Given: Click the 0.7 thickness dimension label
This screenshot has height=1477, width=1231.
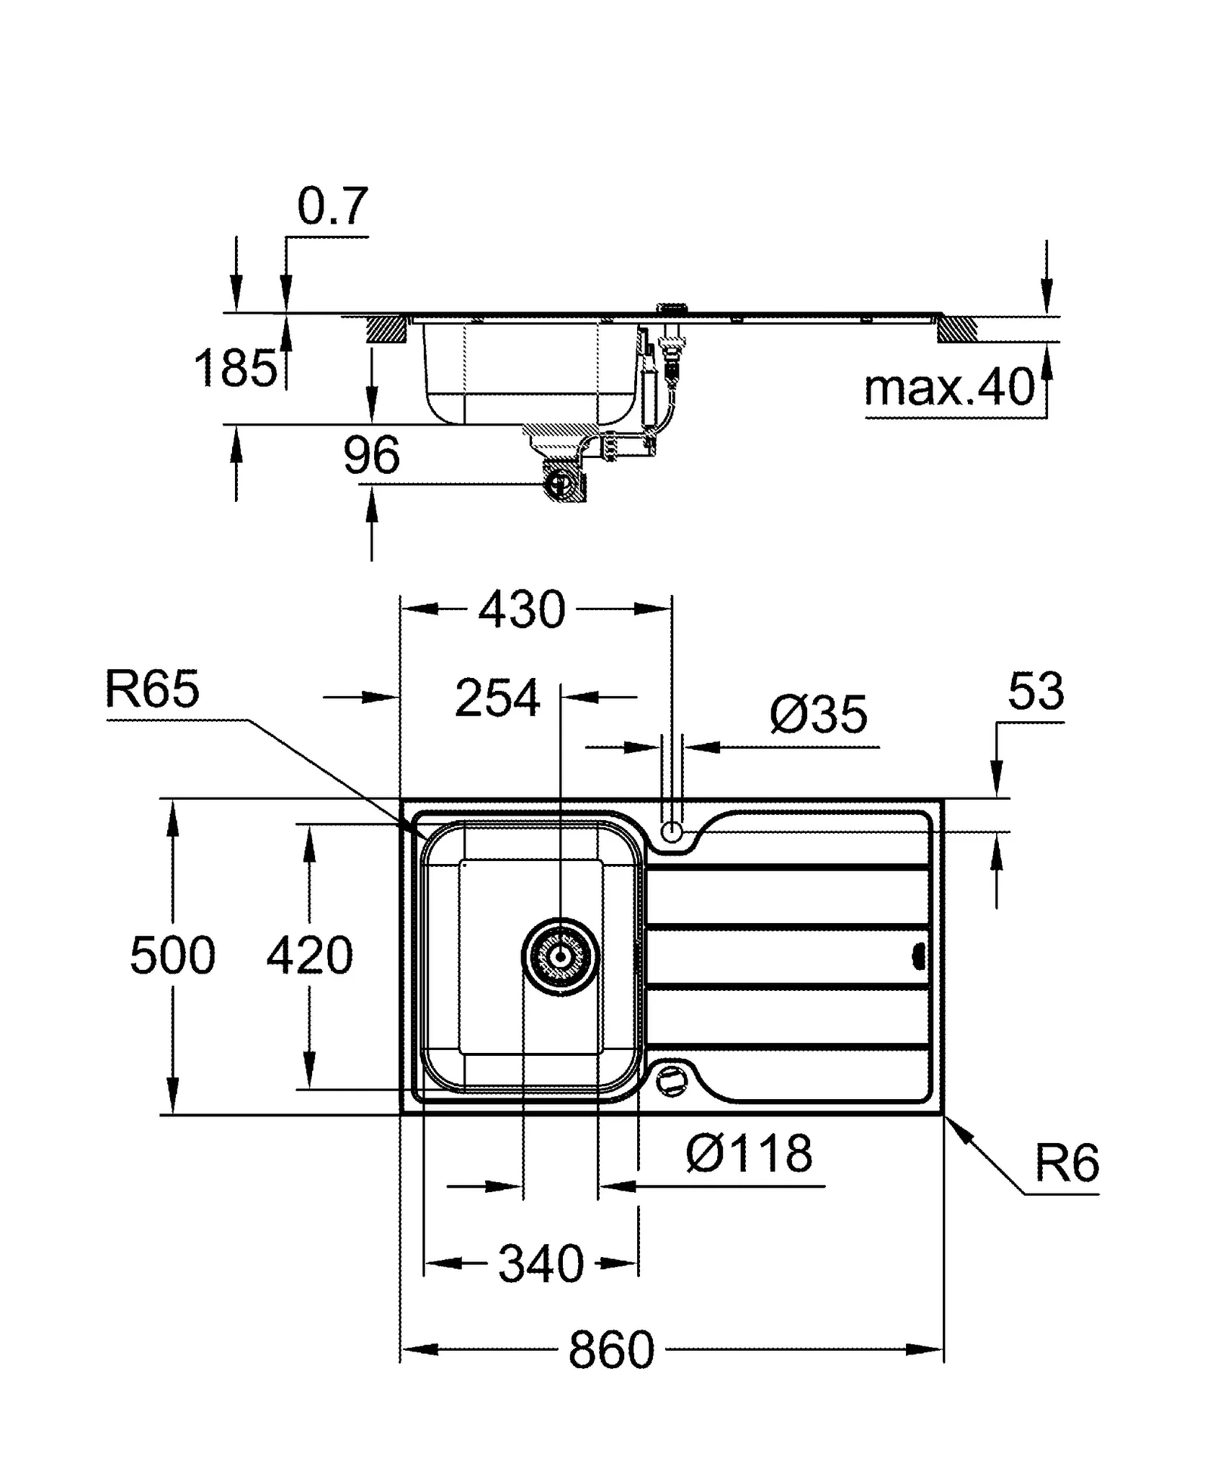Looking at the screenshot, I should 332,206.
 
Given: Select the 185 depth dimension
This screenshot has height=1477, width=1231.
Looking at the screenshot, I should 235,368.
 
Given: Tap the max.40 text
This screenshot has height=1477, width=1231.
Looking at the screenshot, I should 948,387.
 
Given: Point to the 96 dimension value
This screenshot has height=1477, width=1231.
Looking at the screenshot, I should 371,455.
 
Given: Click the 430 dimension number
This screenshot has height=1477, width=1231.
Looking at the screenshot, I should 522,610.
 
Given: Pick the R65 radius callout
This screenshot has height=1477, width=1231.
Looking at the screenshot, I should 152,689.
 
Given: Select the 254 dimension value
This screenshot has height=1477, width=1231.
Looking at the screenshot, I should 497,698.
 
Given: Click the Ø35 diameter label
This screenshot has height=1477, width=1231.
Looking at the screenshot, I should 818,715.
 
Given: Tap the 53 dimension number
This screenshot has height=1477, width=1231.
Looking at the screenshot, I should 1035,692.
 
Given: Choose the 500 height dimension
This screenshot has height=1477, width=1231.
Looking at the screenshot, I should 172,956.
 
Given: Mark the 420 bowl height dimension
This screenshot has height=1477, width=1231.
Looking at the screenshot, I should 310,956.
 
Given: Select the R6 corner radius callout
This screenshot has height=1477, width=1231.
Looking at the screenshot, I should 1066,1163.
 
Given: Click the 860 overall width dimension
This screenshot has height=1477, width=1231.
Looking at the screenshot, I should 611,1350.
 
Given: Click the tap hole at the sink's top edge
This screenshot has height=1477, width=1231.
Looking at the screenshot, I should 671,832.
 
